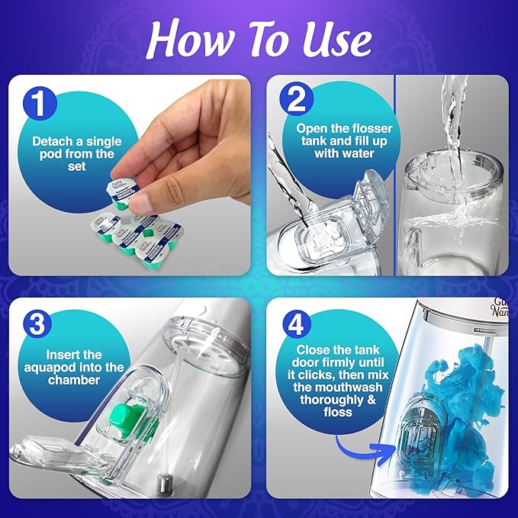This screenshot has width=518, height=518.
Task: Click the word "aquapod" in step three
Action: (66, 367)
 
